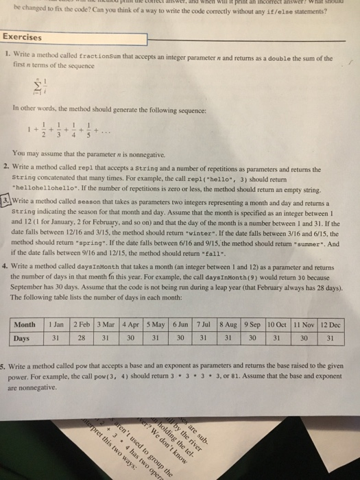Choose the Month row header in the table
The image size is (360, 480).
pos(25,324)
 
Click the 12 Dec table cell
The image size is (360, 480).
pos(334,324)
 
